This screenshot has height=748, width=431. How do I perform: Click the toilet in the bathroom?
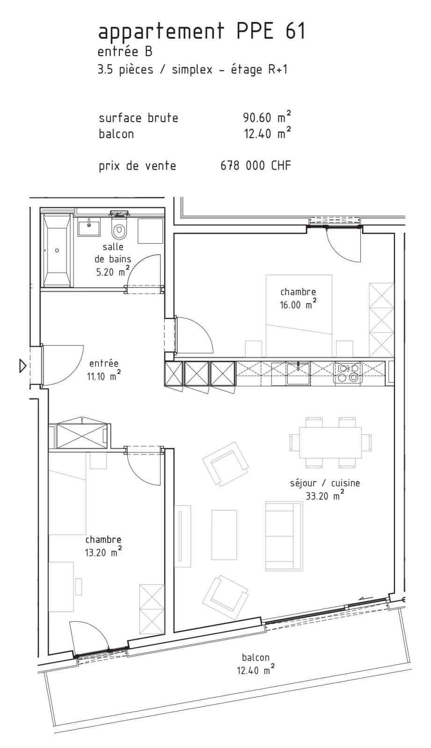118,228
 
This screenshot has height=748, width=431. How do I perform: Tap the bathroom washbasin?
89,227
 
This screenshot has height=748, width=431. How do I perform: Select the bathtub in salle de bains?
57,251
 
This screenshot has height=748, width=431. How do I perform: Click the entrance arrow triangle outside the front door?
22,366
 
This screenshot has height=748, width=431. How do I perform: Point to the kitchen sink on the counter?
298,374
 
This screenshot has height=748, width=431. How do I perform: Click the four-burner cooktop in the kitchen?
348,374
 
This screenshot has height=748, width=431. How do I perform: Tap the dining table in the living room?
330,442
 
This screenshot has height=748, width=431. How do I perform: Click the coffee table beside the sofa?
224,535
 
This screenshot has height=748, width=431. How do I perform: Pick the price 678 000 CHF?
256,165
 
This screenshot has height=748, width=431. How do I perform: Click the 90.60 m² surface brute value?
267,117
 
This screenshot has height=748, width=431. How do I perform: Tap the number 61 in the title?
295,31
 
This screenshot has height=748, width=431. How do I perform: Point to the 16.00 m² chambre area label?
298,304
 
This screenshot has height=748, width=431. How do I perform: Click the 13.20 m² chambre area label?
103,552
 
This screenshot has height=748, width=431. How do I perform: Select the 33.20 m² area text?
325,496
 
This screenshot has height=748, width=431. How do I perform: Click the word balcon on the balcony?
256,657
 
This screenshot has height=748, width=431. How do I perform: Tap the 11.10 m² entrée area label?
103,376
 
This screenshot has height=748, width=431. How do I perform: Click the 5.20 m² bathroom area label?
113,272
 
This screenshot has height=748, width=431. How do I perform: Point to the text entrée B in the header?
125,52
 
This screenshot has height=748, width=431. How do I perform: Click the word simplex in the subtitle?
192,70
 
